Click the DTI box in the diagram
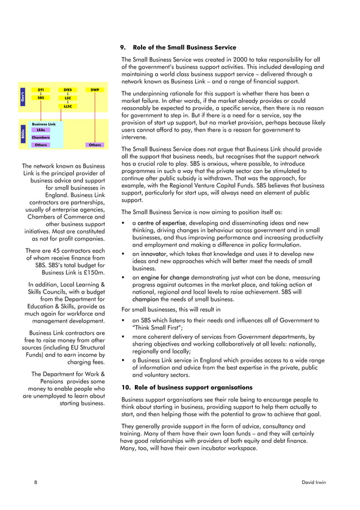[x=41, y=90]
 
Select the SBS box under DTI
[x=41, y=98]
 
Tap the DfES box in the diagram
[x=67, y=90]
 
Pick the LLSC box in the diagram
[x=67, y=106]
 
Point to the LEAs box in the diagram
[x=41, y=130]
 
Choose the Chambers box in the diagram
[x=41, y=137]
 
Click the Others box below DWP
[x=94, y=145]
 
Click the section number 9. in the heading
[x=125, y=47]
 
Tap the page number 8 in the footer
[x=36, y=483]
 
